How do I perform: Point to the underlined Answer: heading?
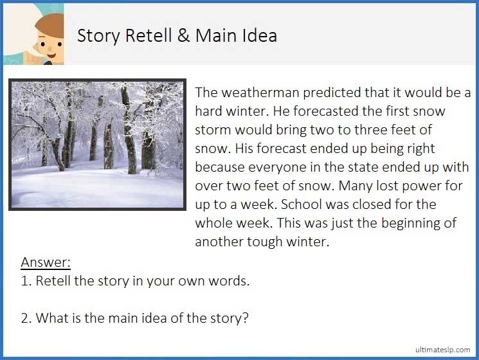click(x=46, y=262)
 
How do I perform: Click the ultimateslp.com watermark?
click(x=443, y=349)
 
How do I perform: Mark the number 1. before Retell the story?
click(x=26, y=281)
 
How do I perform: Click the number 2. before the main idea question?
click(x=26, y=318)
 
